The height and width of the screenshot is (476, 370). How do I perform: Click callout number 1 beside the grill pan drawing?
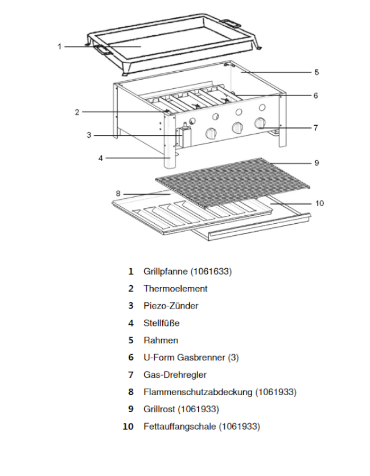59,46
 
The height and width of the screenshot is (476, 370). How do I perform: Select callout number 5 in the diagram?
316,72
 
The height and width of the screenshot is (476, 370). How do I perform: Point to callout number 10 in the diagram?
319,203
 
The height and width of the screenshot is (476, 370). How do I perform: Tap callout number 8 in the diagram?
118,194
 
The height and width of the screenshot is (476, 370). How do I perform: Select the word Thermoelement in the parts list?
175,289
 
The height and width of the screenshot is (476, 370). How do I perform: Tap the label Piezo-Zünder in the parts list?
171,306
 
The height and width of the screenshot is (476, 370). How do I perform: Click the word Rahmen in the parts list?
161,340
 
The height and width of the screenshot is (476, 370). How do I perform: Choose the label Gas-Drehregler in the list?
175,375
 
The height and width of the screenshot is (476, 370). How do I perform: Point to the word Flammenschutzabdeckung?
198,392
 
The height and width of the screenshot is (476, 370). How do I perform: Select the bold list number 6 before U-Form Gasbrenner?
131,358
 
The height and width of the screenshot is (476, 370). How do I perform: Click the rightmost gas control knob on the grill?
261,123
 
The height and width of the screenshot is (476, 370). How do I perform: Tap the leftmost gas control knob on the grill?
211,134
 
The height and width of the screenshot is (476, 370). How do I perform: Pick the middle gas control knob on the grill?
236,128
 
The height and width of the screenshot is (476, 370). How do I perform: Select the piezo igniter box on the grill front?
184,136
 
